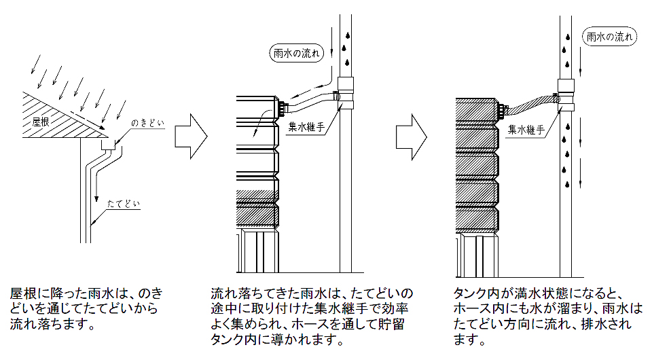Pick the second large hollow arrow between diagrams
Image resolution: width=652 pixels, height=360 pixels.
click(x=411, y=137)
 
